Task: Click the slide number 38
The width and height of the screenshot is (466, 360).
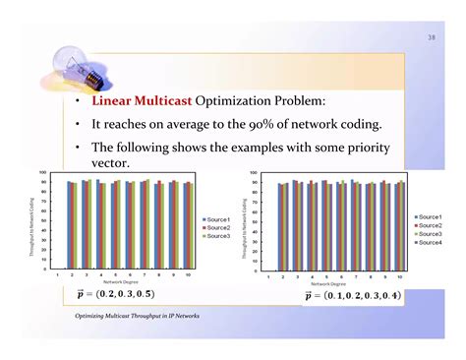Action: tap(430, 38)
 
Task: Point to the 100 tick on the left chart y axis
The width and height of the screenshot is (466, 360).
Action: tap(42, 174)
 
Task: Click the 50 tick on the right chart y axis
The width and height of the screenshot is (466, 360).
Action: tap(254, 222)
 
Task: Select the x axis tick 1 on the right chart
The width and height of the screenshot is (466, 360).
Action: tap(268, 277)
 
